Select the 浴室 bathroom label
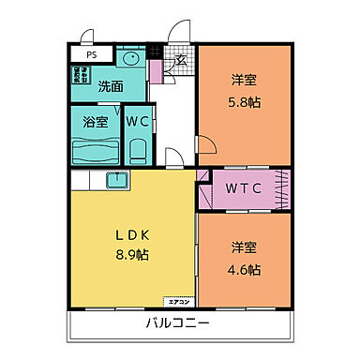[95, 122]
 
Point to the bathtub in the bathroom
[95, 151]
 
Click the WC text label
[136, 122]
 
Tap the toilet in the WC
[137, 150]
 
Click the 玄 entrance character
[180, 63]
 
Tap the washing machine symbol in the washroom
[80, 74]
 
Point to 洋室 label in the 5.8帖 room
[243, 82]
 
